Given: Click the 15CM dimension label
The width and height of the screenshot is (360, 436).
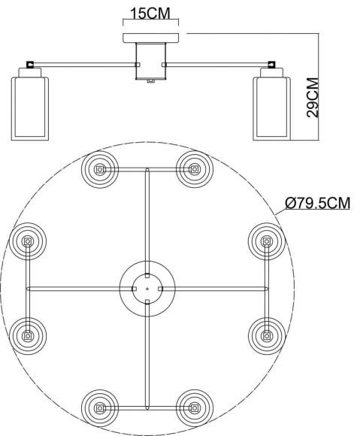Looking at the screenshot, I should coord(150,14).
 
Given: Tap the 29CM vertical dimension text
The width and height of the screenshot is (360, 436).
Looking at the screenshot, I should coord(313,98).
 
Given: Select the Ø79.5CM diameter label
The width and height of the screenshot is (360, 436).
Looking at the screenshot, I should coord(317,202).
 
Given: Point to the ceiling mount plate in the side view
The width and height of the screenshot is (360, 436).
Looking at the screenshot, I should coord(150,38).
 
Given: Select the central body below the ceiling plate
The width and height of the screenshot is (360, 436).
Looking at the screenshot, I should coord(150,61).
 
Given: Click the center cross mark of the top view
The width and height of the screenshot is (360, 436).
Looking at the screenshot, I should coord(147,289).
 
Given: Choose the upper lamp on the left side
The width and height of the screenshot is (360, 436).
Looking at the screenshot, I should coord(28,241).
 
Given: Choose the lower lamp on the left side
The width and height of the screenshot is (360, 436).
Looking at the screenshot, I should coord(28,335).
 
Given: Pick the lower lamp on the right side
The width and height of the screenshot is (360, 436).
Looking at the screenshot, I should coord(266,335).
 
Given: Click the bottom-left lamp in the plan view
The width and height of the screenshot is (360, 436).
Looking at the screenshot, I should coord(99,409).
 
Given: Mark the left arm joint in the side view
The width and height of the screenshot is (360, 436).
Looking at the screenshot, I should coord(31,65).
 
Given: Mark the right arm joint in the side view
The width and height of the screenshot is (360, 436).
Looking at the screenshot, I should coord(268,65).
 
